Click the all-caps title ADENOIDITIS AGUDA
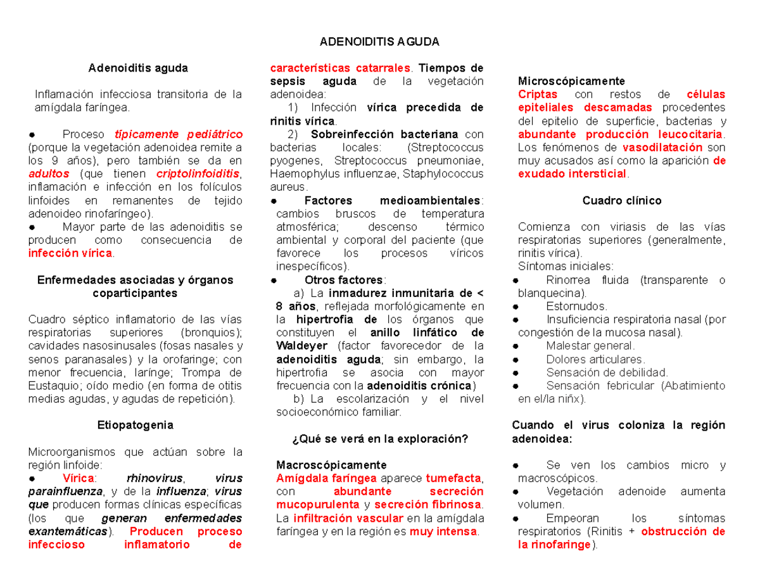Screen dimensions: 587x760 pos(379,42)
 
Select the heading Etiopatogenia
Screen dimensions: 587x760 pos(135,424)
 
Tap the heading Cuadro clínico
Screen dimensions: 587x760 pos(621,201)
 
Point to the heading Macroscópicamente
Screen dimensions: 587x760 pos(332,464)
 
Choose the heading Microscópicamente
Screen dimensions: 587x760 pos(571,81)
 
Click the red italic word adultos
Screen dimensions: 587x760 pos(47,174)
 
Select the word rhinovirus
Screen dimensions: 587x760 pos(155,477)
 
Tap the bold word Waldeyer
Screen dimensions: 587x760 pos(301,346)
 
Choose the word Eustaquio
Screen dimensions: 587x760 pos(55,386)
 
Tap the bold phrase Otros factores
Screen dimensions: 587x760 pos(343,280)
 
